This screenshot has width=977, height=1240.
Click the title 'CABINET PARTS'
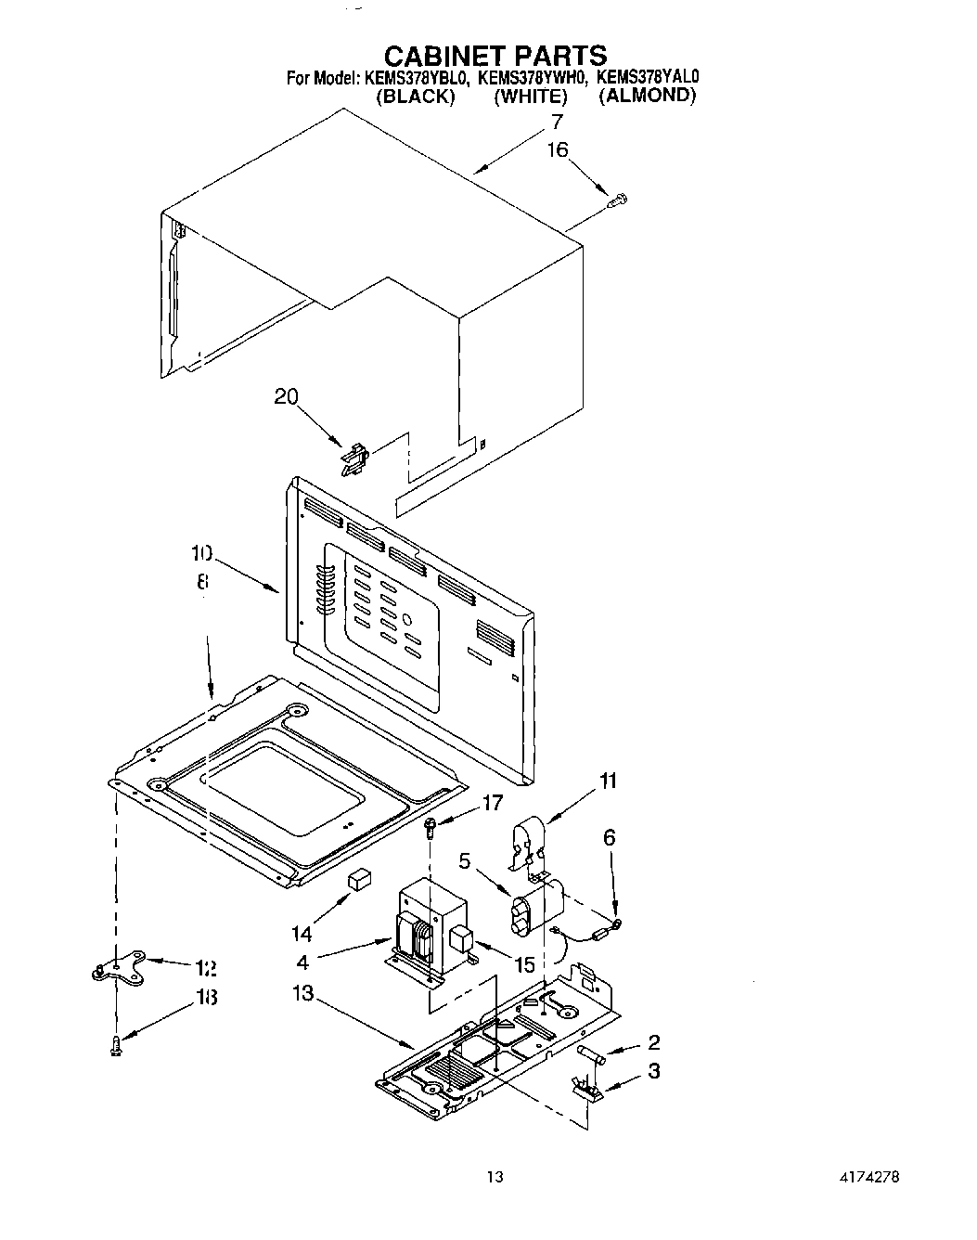coord(495,55)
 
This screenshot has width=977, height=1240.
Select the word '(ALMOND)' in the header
coord(647,95)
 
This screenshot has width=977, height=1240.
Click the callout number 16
coord(557,150)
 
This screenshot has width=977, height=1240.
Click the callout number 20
coord(286,396)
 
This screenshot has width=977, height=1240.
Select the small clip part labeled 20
coord(354,461)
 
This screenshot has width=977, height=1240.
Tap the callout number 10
coord(201,554)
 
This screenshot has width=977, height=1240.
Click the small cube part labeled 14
coord(357,878)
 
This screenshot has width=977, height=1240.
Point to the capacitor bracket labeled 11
coord(528,840)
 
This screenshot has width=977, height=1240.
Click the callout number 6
coord(609,837)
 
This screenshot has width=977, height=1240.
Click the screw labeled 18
coord(114,1045)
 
